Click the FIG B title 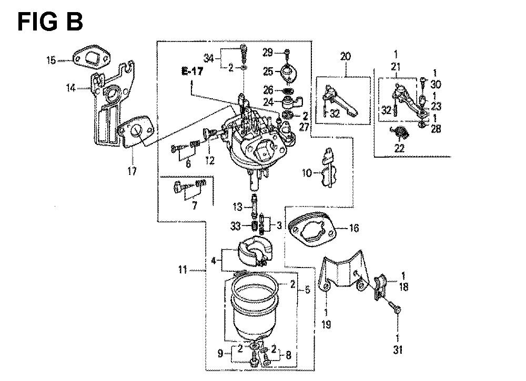(50, 22)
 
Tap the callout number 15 (51, 60)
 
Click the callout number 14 (71, 88)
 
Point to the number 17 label (132, 171)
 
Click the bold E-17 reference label (192, 71)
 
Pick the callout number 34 (209, 59)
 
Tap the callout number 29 (268, 52)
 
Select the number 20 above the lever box (345, 56)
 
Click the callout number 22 (399, 148)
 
